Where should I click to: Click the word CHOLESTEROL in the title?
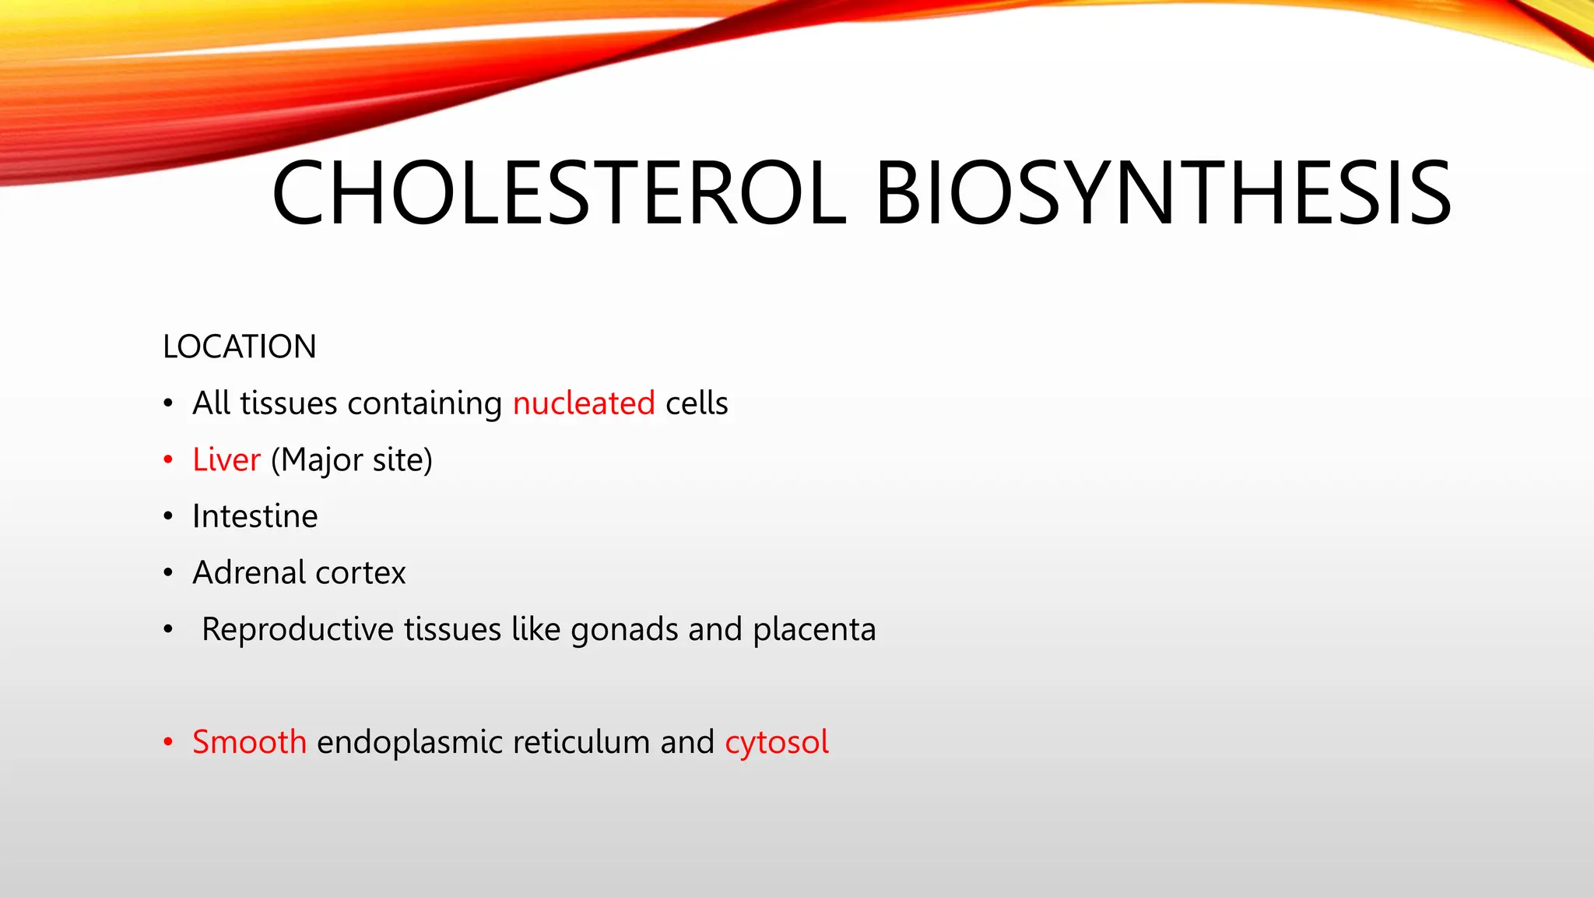[559, 193]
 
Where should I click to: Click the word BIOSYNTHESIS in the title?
[1163, 193]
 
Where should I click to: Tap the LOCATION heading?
[240, 346]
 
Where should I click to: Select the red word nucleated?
[584, 403]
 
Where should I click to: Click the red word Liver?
[226, 459]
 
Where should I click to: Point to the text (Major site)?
[352, 460]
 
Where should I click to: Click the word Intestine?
[255, 516]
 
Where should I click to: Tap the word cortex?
[360, 573]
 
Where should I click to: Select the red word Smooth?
[249, 741]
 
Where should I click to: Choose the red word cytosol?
[777, 742]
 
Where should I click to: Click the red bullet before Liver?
[168, 460]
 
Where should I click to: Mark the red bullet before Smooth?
[168, 742]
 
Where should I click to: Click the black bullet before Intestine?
[168, 516]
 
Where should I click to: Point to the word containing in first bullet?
[425, 403]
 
